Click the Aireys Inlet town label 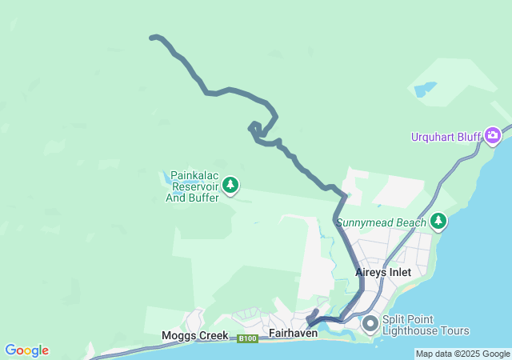(x=382, y=273)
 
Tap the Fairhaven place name (x=294, y=333)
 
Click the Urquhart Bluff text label (x=446, y=137)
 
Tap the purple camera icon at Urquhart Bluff (x=493, y=134)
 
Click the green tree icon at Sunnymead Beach (x=438, y=221)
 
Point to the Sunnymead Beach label (x=382, y=222)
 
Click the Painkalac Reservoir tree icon (x=230, y=186)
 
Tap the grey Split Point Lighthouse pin (x=370, y=324)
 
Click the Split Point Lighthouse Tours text (x=426, y=325)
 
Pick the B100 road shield (x=248, y=339)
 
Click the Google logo (x=26, y=350)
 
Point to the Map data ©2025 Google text (x=462, y=354)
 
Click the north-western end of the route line (x=152, y=37)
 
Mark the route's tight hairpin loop (x=254, y=128)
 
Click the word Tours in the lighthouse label (x=452, y=330)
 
